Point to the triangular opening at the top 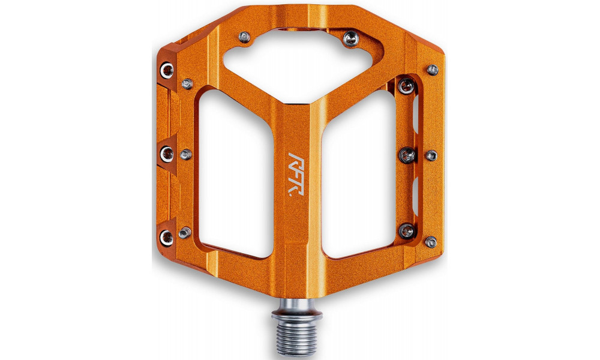coord(296,58)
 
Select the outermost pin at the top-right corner coord(432,70)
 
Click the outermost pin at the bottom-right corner coord(431,242)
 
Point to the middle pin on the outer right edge coord(431,155)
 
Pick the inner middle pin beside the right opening coord(407,154)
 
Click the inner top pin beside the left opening coord(188,83)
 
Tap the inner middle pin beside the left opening coord(187,154)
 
